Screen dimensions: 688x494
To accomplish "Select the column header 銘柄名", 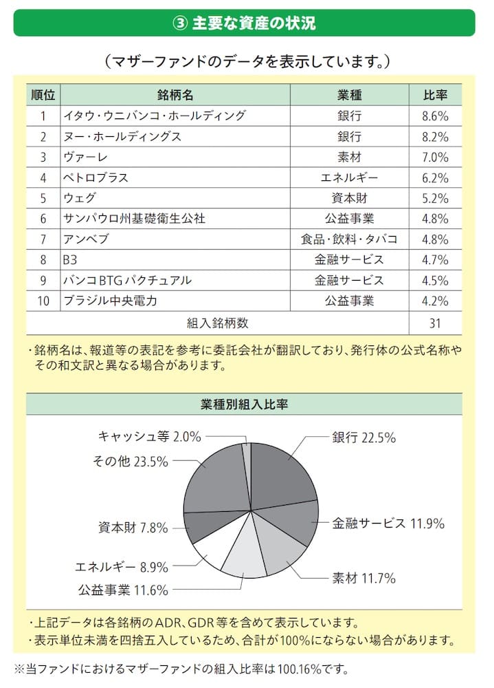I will click(x=175, y=94).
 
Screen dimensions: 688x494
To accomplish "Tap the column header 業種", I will click(x=349, y=94).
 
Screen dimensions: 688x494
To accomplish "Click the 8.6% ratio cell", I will click(x=435, y=116).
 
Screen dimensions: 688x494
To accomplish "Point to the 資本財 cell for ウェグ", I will click(x=349, y=198).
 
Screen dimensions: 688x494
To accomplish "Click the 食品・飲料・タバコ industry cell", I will click(x=349, y=239).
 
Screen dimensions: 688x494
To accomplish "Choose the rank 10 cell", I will click(x=43, y=301).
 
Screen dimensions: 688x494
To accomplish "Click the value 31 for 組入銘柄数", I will click(x=435, y=322).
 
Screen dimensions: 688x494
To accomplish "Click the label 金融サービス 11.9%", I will click(x=389, y=523).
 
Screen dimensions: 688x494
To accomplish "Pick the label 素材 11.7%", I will click(x=364, y=579).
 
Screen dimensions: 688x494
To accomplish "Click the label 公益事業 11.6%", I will click(x=122, y=590).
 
